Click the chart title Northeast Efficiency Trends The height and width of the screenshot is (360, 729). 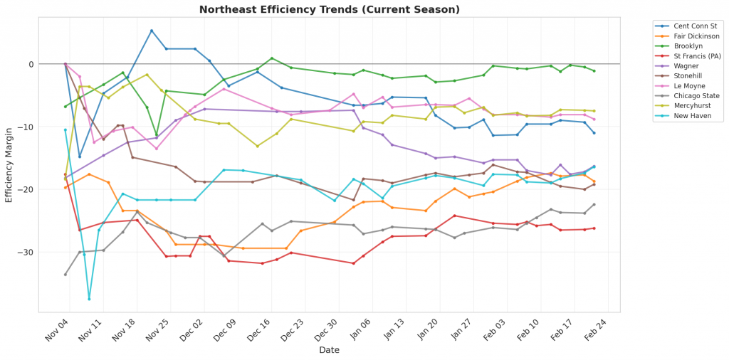pos(330,10)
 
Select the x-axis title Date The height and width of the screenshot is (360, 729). pos(329,350)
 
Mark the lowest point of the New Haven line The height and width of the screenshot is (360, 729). pos(89,299)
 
